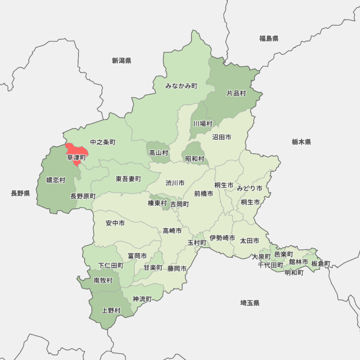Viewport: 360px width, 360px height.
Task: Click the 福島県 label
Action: pyautogui.click(x=269, y=38)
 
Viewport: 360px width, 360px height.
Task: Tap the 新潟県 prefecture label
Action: pyautogui.click(x=121, y=60)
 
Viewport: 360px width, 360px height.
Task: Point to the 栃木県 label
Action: pyautogui.click(x=301, y=142)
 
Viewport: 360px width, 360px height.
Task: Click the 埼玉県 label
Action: pyautogui.click(x=249, y=303)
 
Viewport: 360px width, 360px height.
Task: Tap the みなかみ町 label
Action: pyautogui.click(x=181, y=86)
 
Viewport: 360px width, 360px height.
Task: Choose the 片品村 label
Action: pyautogui.click(x=236, y=93)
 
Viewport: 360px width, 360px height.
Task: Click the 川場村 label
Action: pyautogui.click(x=202, y=124)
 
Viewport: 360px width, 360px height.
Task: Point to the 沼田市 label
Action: pyautogui.click(x=221, y=137)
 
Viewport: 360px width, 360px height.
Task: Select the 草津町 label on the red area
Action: pyautogui.click(x=76, y=157)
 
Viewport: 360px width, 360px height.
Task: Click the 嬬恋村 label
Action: pyautogui.click(x=56, y=180)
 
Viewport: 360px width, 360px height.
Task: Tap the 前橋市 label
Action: pyautogui.click(x=203, y=193)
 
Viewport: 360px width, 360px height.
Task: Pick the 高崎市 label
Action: pyautogui.click(x=172, y=230)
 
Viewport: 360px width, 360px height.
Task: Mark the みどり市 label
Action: pyautogui.click(x=249, y=188)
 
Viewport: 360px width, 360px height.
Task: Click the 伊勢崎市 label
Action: pyautogui.click(x=222, y=238)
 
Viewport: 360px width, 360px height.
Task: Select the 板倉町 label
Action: pyautogui.click(x=321, y=263)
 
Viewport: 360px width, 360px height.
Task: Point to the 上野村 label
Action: pyautogui.click(x=111, y=310)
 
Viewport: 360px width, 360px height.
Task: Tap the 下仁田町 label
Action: pyautogui.click(x=111, y=265)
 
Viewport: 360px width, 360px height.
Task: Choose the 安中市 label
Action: pyautogui.click(x=115, y=224)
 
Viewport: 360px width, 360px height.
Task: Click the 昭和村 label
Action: pyautogui.click(x=195, y=159)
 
